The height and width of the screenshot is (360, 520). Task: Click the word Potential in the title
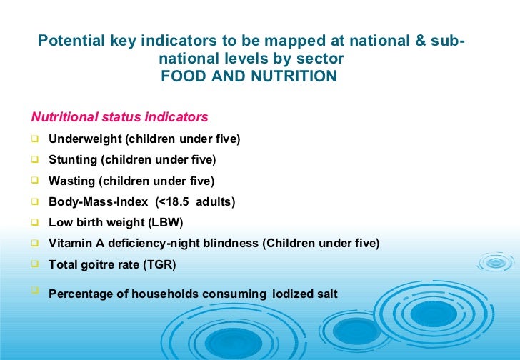click(x=66, y=41)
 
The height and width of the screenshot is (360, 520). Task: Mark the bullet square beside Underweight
click(x=35, y=138)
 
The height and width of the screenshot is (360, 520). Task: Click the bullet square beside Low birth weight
click(x=35, y=221)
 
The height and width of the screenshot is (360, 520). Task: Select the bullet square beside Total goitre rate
click(x=35, y=264)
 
